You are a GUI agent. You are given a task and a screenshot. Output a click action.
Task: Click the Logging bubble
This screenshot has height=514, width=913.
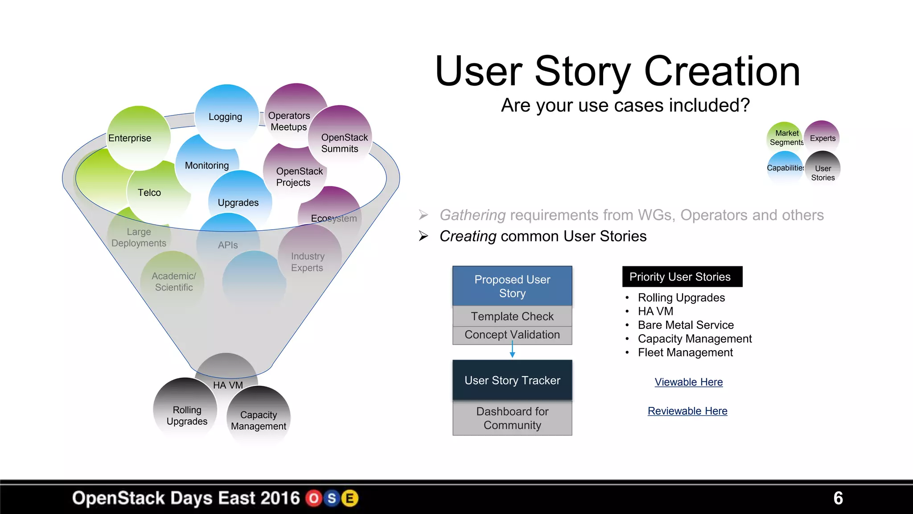(226, 117)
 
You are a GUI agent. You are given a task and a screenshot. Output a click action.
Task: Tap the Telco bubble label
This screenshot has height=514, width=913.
(149, 193)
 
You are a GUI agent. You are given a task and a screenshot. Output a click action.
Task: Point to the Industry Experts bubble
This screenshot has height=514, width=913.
(308, 262)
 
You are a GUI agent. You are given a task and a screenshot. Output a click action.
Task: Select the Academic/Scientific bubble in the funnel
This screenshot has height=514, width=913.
(173, 282)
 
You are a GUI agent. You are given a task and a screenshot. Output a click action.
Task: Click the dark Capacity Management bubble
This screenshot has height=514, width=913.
(259, 420)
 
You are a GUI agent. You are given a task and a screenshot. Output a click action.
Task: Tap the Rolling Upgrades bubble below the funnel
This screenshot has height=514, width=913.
(186, 415)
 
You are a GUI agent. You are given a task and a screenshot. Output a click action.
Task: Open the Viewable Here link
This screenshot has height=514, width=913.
(688, 382)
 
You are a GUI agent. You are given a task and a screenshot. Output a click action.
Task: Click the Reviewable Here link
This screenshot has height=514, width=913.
(687, 411)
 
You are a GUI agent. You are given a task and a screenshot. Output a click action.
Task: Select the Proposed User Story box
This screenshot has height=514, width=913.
(512, 286)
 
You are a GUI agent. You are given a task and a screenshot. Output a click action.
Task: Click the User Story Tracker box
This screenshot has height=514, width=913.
(512, 380)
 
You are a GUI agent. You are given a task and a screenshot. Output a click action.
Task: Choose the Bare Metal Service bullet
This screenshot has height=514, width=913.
(685, 325)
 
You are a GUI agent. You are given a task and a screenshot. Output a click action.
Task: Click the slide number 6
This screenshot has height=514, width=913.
(838, 498)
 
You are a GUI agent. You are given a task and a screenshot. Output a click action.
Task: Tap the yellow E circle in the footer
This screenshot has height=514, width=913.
(350, 498)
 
